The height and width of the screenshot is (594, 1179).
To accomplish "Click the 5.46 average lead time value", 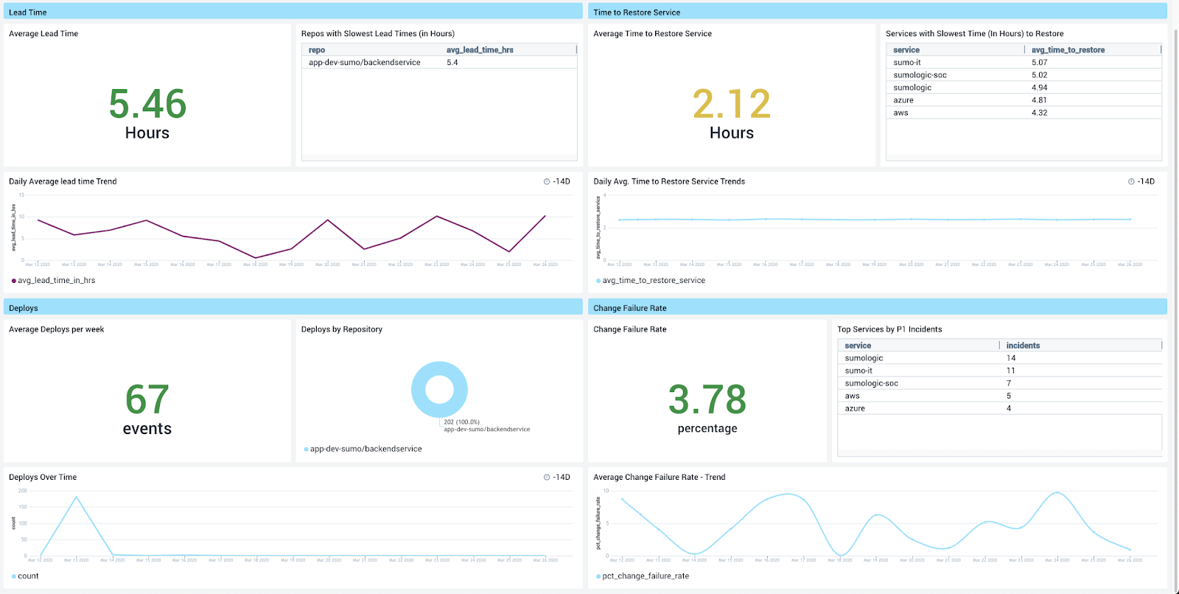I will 147,104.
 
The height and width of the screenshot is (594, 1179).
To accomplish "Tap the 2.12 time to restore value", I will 732,104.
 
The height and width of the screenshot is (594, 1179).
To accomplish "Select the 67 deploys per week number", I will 147,399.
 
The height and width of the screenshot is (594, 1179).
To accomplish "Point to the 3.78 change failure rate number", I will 707,399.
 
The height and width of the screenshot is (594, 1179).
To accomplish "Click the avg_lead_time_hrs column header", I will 480,50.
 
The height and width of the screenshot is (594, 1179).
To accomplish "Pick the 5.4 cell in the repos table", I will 452,63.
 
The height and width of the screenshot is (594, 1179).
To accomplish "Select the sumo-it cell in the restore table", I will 907,63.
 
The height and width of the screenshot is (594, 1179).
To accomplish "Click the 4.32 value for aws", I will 1039,113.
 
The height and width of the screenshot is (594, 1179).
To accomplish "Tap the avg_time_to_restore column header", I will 1068,50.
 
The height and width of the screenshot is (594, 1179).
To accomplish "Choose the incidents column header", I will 1023,346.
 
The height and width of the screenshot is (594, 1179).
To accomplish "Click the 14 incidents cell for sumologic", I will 1011,358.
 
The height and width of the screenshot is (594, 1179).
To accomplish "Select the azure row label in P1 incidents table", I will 855,408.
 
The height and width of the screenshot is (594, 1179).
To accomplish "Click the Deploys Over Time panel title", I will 43,478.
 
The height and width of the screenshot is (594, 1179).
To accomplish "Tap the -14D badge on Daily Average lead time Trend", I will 557,181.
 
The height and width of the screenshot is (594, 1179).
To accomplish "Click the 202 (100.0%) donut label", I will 461,422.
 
